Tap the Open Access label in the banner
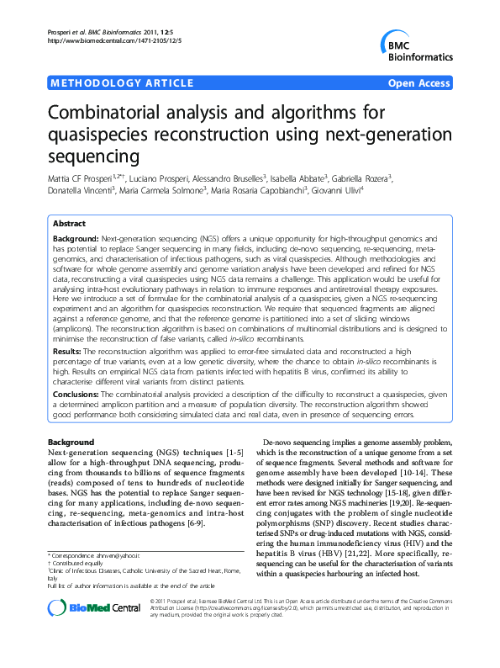(418, 83)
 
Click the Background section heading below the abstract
(71, 442)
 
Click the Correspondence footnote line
(94, 556)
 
